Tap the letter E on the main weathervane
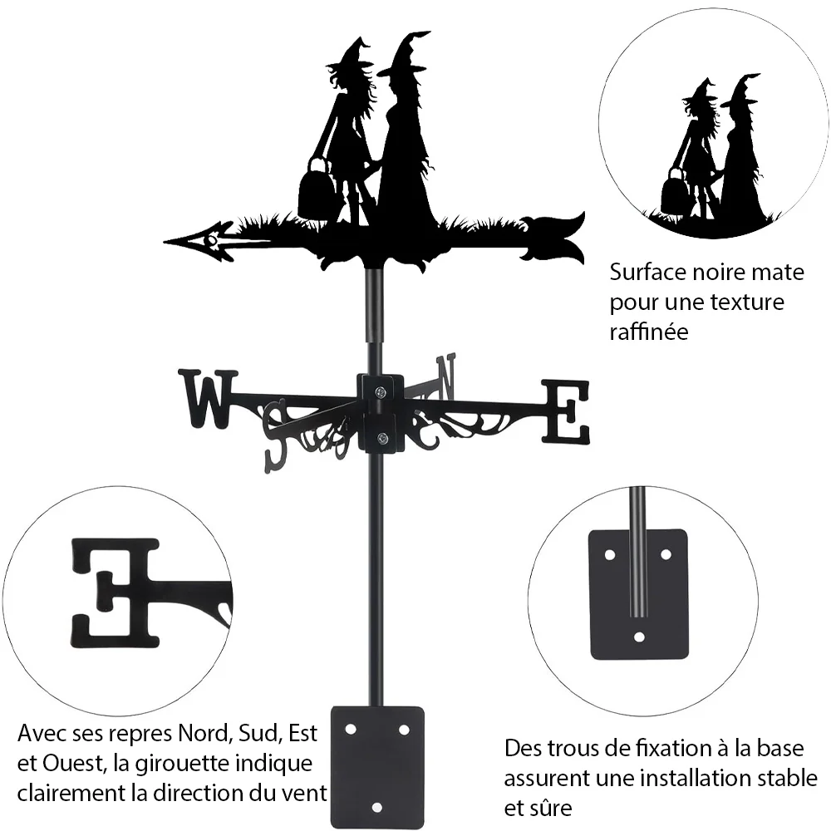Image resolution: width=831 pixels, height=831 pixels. pos(565,411)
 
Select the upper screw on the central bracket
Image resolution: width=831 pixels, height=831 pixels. pos(381,392)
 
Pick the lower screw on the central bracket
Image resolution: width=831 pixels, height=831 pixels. pos(381,438)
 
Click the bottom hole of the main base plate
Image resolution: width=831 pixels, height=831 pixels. pos(376,808)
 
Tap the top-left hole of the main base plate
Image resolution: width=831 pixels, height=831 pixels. pos(351,730)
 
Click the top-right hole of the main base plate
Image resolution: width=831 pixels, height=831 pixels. pos(404,730)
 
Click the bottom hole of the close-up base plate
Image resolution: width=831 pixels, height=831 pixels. pos(639,637)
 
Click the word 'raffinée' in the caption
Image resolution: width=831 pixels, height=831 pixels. pos(649,332)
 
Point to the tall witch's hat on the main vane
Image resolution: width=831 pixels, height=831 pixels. pos(406,53)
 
